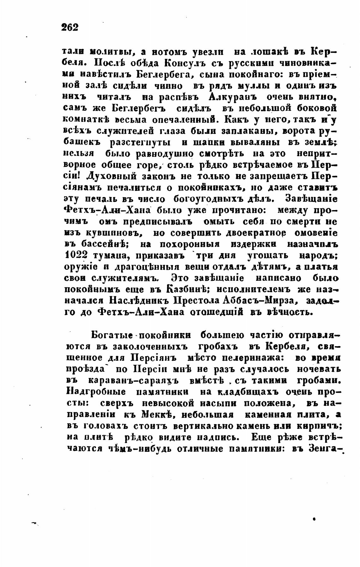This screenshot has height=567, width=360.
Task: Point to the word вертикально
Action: point(203,426)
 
